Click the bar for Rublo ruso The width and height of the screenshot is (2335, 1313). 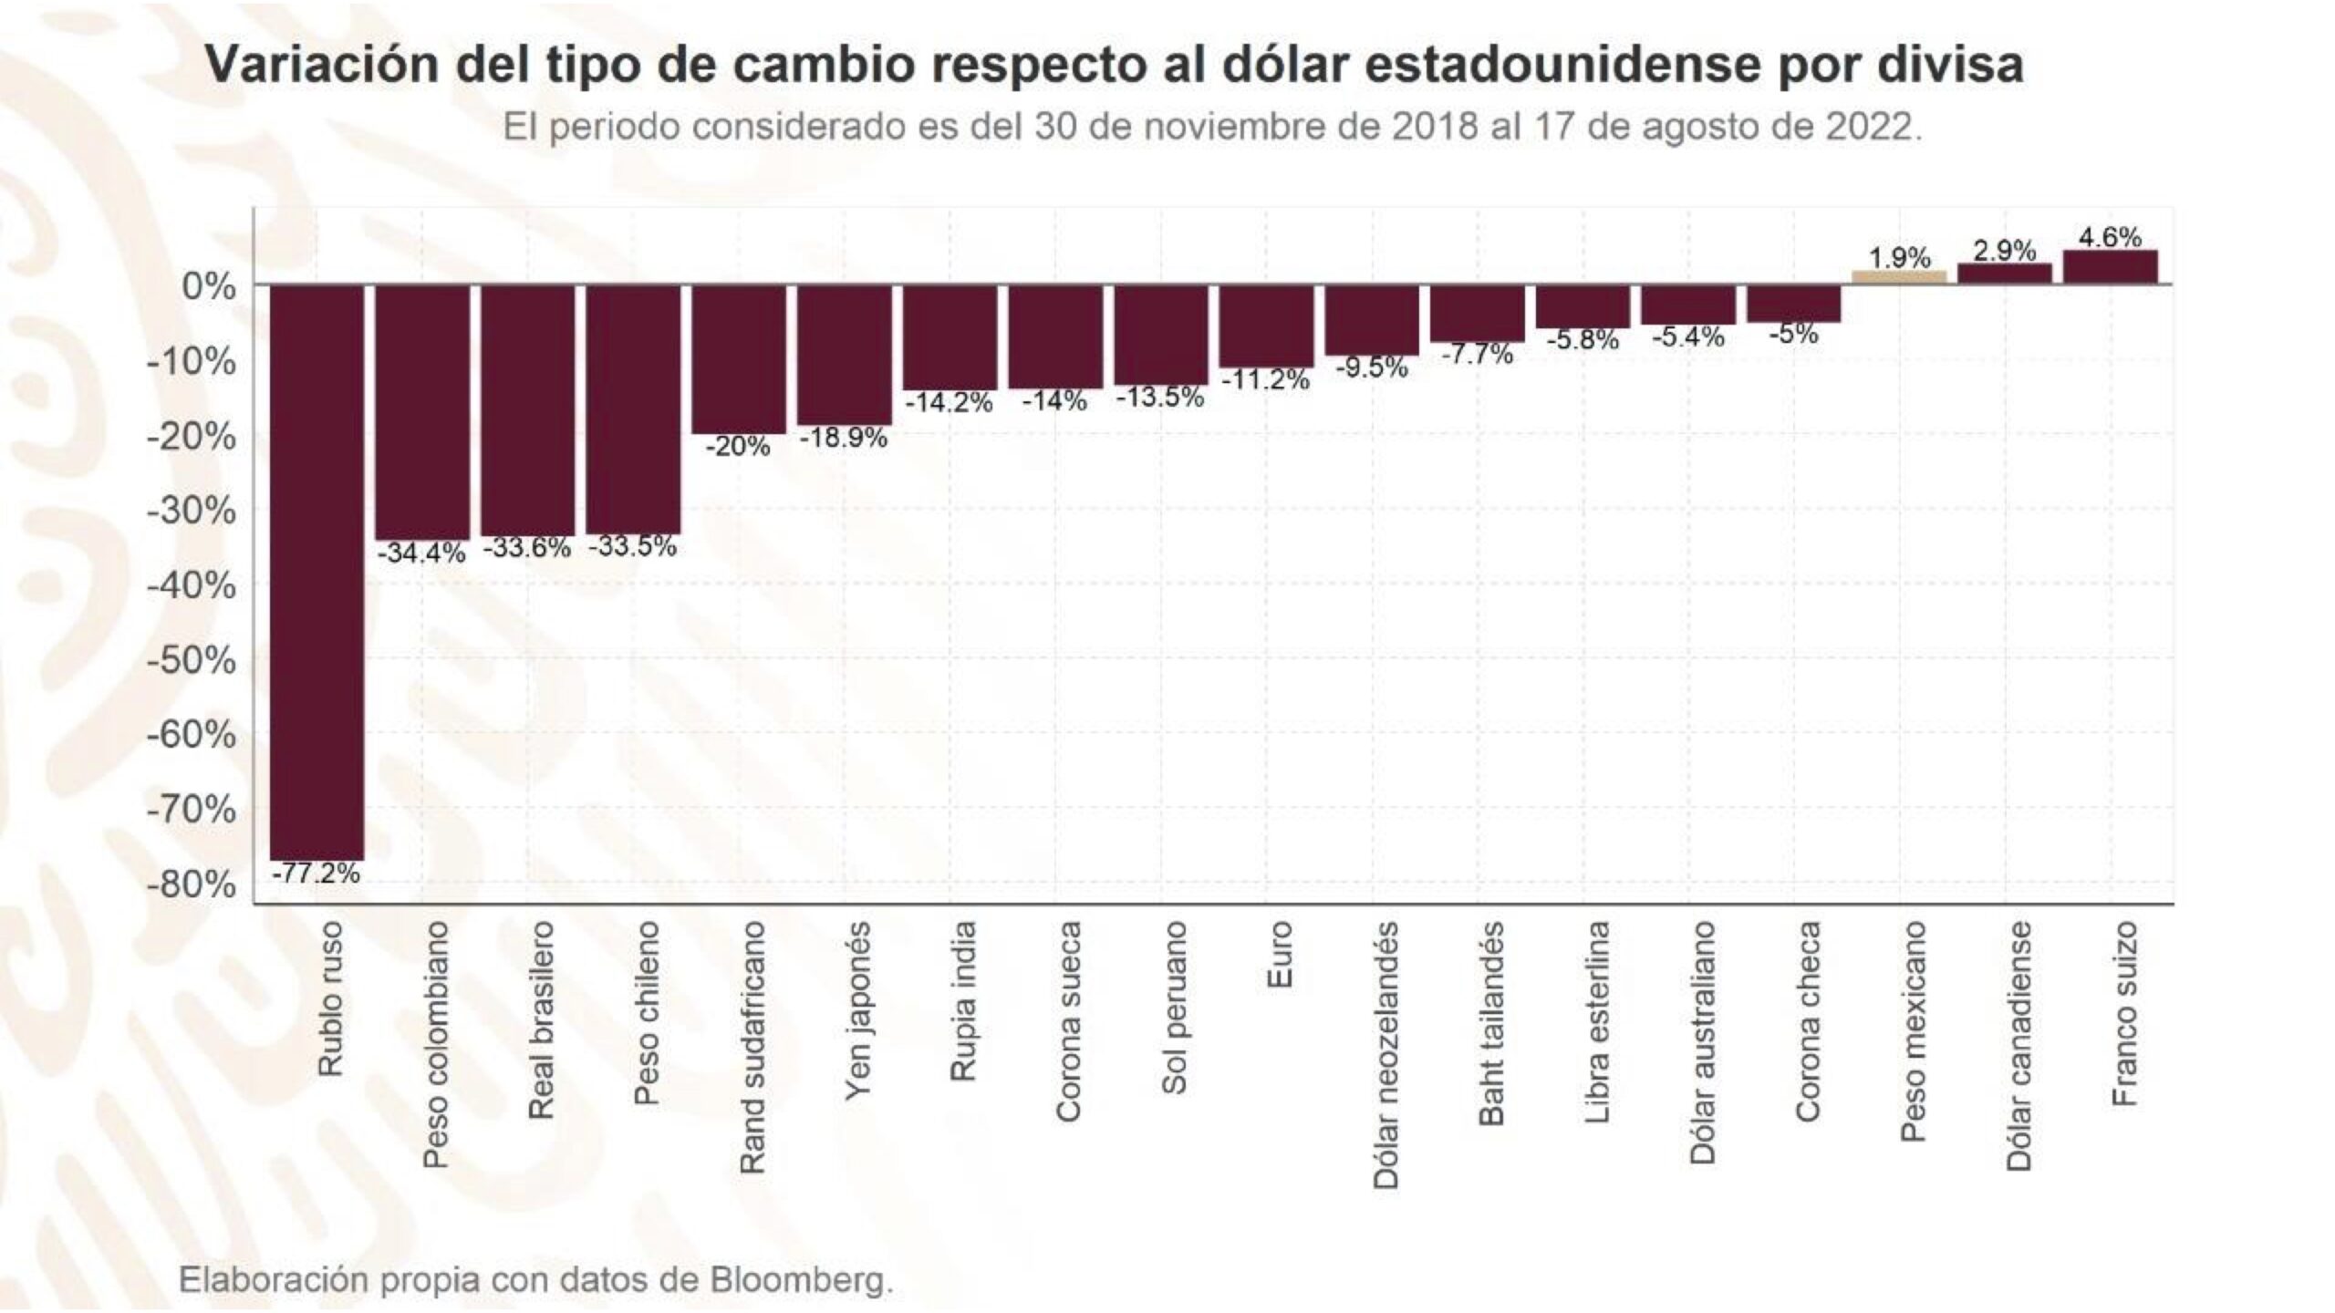click(317, 573)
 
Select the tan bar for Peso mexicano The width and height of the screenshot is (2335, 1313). click(1899, 277)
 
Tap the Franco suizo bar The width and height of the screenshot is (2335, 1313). click(2111, 267)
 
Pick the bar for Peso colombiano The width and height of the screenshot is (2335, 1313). click(422, 412)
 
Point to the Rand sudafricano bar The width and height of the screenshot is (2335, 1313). click(739, 359)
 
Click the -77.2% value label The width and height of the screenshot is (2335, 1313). click(316, 874)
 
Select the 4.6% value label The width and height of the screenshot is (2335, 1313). click(2111, 237)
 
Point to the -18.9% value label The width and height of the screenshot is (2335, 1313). click(844, 439)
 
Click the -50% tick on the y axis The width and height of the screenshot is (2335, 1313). click(192, 660)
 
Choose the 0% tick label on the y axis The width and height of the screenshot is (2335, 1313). click(209, 286)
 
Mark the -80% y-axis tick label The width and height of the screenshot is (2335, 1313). click(192, 884)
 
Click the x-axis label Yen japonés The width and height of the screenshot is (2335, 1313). click(857, 1011)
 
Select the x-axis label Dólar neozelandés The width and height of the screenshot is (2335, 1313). click(1385, 1056)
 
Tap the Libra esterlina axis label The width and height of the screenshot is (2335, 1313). click(1596, 1021)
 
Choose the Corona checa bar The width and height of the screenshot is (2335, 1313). click(1794, 304)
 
